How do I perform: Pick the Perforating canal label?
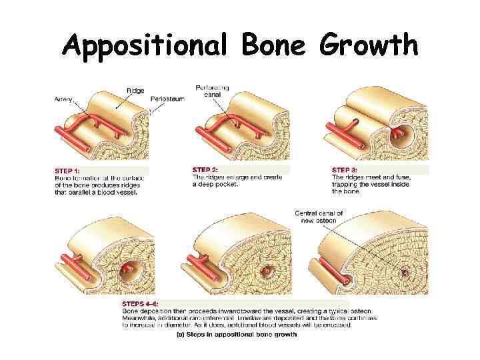click(x=212, y=91)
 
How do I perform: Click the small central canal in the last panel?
click(x=404, y=273)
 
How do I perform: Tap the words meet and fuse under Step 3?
click(x=383, y=177)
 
